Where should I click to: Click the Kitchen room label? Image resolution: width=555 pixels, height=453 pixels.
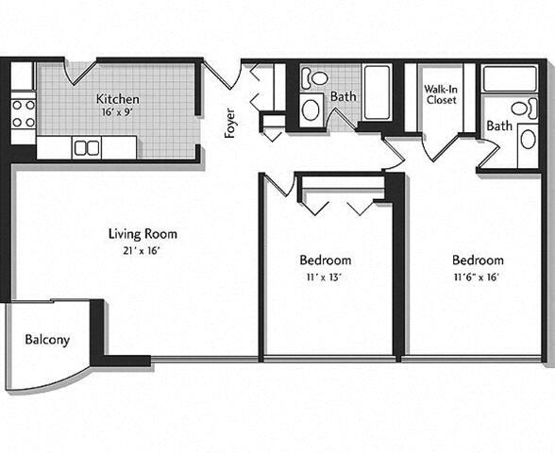[x=118, y=99]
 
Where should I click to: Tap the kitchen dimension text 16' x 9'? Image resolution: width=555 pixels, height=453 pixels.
[x=118, y=112]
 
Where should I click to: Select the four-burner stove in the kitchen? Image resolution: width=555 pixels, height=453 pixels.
[x=24, y=113]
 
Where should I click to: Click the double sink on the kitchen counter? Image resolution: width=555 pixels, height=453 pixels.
[x=87, y=147]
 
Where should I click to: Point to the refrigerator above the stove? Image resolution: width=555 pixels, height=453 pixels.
[x=24, y=76]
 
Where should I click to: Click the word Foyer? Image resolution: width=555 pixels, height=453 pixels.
[x=230, y=124]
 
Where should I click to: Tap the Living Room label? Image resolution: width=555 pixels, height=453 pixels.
[x=143, y=234]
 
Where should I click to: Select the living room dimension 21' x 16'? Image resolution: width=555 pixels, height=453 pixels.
[x=143, y=250]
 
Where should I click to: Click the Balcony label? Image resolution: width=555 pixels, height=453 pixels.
[x=47, y=340]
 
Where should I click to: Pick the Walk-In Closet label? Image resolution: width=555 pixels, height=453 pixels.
[x=441, y=92]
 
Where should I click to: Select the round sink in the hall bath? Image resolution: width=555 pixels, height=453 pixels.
[x=311, y=109]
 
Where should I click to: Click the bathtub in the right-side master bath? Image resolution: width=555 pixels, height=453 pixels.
[x=511, y=78]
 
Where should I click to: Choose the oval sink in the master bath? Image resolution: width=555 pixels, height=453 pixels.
[x=528, y=140]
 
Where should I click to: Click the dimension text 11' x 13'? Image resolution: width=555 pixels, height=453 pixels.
[x=326, y=277]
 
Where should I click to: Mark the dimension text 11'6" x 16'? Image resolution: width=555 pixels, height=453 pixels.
[x=477, y=277]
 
